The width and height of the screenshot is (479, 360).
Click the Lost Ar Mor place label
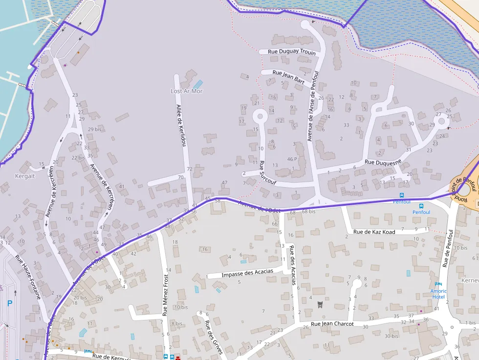[186, 91]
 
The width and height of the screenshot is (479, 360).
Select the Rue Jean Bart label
[288, 77]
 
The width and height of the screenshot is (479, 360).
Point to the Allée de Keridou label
[181, 126]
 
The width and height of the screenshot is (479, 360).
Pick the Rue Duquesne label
[383, 162]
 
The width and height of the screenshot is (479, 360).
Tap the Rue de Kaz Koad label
[374, 232]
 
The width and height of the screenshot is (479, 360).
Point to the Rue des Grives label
[214, 337]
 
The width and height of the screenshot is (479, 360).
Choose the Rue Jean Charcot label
[332, 324]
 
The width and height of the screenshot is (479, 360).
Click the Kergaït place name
[25, 176]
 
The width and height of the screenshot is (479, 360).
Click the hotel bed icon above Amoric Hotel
[438, 284]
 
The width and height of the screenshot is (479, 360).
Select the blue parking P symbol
[10, 303]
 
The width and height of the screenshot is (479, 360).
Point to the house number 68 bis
[308, 212]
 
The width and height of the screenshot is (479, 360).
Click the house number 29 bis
[94, 129]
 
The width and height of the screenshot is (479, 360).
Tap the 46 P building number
[292, 159]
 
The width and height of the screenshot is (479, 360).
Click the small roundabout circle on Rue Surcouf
[259, 116]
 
